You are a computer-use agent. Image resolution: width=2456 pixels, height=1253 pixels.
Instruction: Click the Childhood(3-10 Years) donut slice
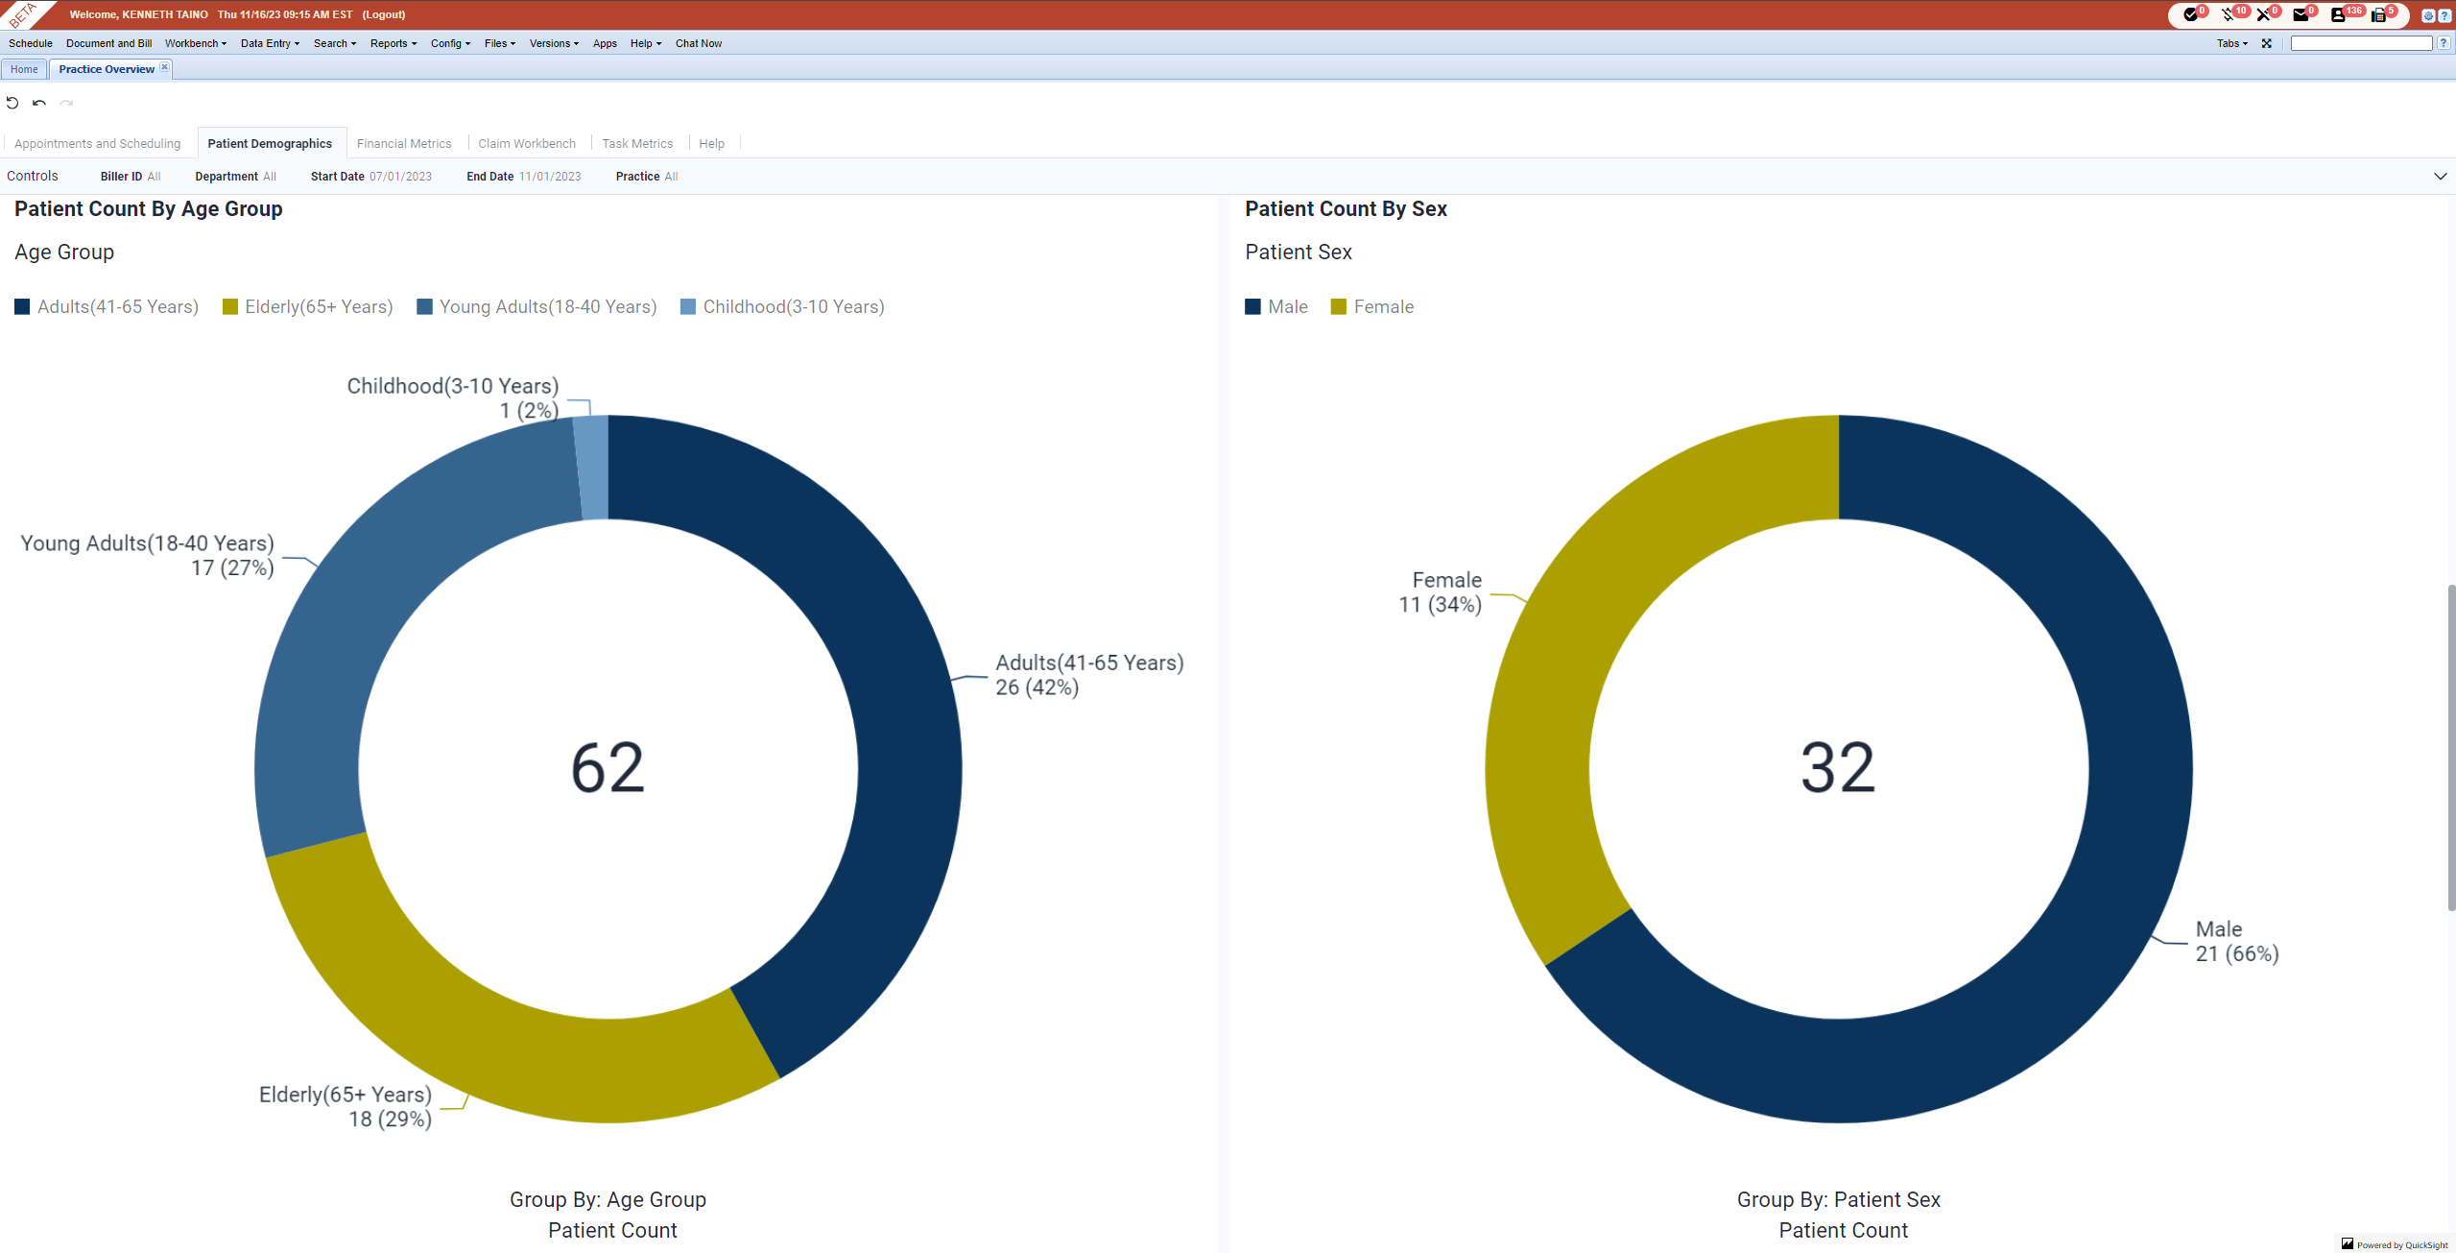pyautogui.click(x=592, y=468)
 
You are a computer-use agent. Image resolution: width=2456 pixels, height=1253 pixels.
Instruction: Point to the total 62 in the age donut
pyautogui.click(x=608, y=768)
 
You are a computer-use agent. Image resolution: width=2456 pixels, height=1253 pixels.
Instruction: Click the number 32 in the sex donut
pyautogui.click(x=1837, y=768)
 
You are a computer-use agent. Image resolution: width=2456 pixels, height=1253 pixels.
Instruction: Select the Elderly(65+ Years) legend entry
pyautogui.click(x=308, y=307)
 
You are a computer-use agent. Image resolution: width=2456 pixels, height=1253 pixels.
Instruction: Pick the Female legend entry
pyautogui.click(x=1372, y=307)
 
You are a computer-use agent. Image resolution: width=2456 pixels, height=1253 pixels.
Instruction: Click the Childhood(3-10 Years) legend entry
pyautogui.click(x=782, y=307)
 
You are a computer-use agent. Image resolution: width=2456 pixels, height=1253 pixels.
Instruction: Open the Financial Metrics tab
pyautogui.click(x=404, y=144)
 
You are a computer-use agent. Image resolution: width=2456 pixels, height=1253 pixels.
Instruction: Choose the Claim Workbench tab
pyautogui.click(x=527, y=144)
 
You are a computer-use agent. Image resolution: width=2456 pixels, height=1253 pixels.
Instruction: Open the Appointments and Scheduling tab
pyautogui.click(x=97, y=144)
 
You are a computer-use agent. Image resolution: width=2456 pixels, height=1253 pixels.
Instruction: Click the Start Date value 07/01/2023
pyautogui.click(x=400, y=177)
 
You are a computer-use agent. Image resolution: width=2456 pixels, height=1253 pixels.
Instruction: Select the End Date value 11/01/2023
pyautogui.click(x=550, y=177)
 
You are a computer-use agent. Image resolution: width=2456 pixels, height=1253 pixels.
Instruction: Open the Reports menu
pyautogui.click(x=393, y=43)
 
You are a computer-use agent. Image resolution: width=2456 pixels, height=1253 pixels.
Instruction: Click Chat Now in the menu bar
pyautogui.click(x=698, y=43)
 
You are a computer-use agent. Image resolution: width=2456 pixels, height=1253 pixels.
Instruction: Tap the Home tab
pyautogui.click(x=24, y=69)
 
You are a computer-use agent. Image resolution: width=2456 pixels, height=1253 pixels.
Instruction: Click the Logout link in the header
pyautogui.click(x=383, y=14)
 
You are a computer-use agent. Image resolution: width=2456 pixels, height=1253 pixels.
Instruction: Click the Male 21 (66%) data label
pyautogui.click(x=2236, y=942)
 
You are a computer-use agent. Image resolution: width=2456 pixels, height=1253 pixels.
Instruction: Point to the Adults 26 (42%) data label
pyautogui.click(x=1088, y=675)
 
